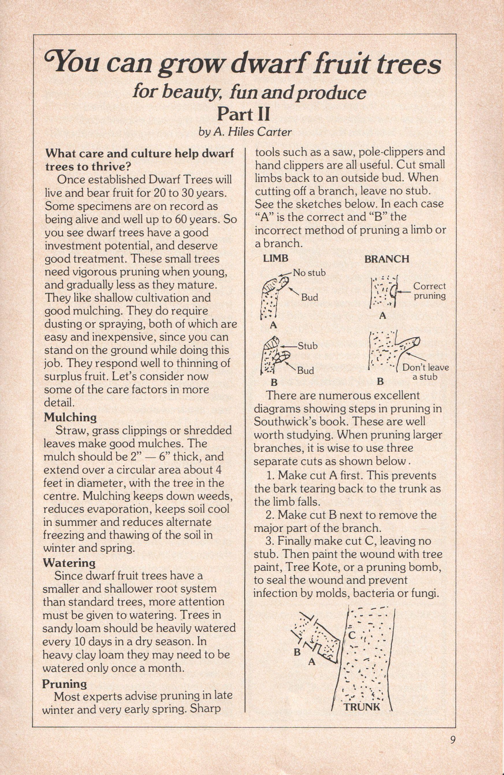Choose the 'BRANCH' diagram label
(387, 259)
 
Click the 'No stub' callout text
(309, 273)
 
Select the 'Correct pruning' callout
(429, 291)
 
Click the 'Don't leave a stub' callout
(425, 372)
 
